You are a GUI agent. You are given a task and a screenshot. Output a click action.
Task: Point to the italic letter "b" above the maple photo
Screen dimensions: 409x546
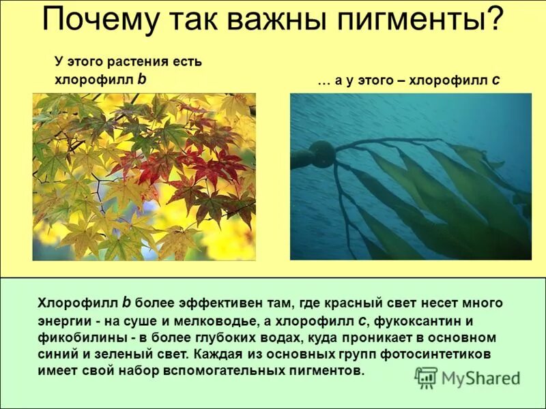[x=142, y=78]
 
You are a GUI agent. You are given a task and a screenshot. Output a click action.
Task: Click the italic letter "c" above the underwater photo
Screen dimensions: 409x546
[x=496, y=80]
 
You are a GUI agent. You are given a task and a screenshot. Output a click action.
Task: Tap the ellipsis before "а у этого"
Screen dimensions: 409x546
[x=323, y=80]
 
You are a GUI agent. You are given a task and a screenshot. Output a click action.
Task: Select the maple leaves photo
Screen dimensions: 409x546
[x=144, y=177]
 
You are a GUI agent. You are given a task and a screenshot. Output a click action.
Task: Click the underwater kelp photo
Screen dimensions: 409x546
[x=410, y=176]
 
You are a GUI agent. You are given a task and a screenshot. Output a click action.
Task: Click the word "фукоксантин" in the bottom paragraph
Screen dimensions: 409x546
[x=429, y=320]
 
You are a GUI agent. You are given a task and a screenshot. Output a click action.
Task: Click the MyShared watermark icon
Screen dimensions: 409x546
[x=426, y=378]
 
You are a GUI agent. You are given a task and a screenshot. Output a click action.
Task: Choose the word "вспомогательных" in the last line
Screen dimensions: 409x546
[x=223, y=371]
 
